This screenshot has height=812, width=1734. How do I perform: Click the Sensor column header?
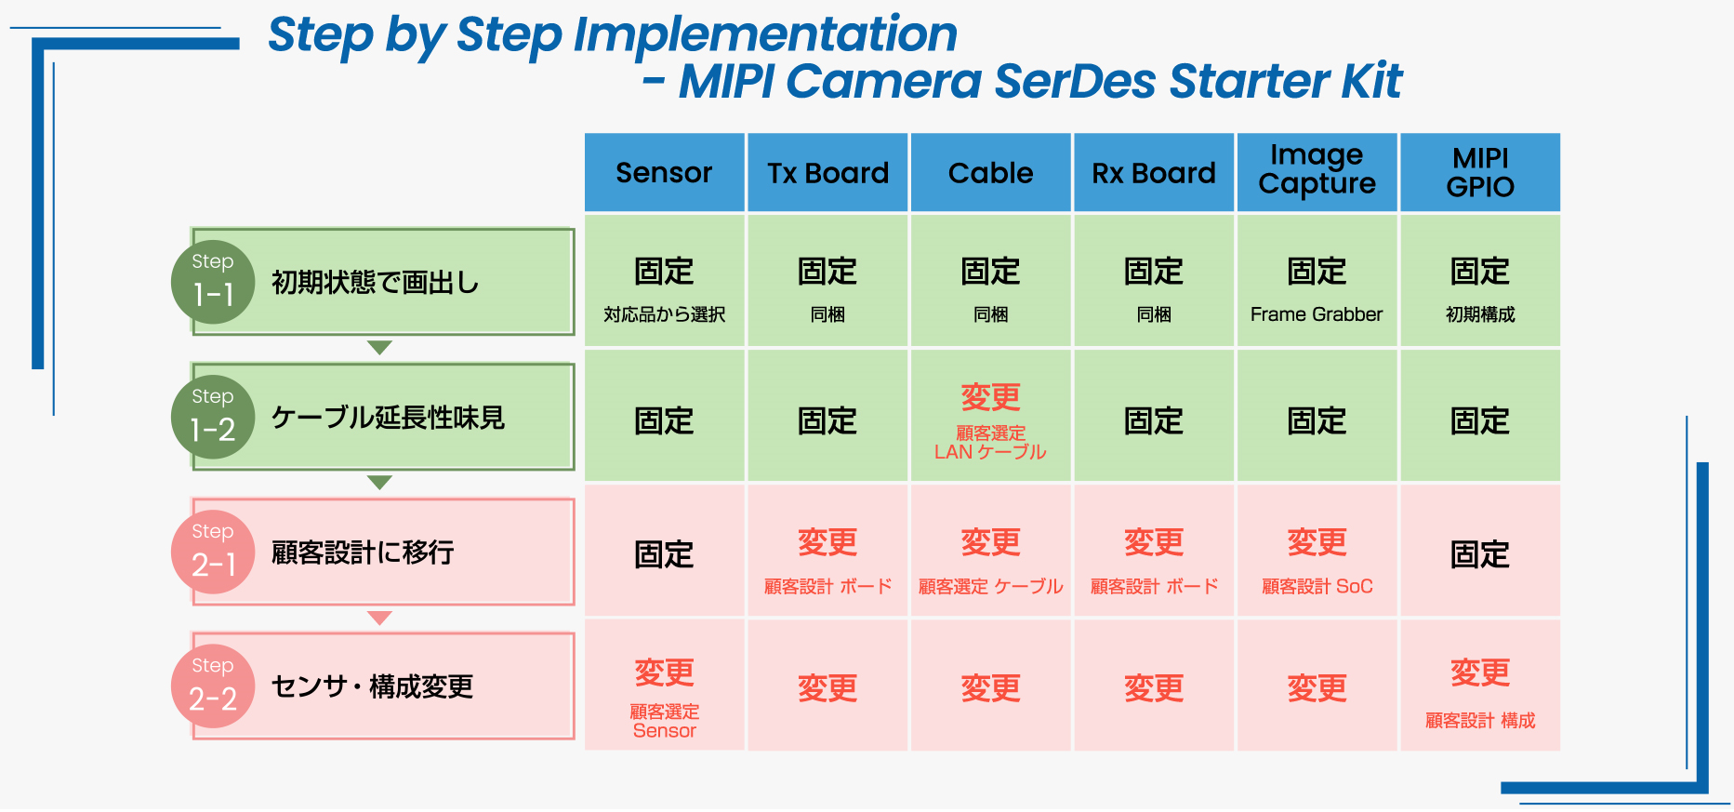(x=664, y=172)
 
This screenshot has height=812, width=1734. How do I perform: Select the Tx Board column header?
(x=827, y=172)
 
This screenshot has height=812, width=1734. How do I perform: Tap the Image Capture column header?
(x=1317, y=172)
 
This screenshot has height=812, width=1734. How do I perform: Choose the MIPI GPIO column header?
(x=1480, y=172)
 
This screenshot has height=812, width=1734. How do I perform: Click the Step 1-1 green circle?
(x=213, y=283)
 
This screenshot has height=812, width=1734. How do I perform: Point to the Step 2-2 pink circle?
(x=213, y=686)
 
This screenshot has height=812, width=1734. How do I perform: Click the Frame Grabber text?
(x=1317, y=314)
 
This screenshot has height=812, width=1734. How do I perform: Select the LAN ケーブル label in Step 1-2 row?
(x=990, y=452)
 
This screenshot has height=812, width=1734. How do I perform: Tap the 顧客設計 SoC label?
(x=1317, y=586)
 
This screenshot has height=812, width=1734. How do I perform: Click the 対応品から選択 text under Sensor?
(x=664, y=314)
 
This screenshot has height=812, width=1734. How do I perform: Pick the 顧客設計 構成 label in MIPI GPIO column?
(x=1480, y=720)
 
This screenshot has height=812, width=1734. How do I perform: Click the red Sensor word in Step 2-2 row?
(x=664, y=731)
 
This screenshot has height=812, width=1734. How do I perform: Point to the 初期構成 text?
(x=1480, y=314)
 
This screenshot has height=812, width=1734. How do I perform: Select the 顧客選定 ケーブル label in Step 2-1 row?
(x=990, y=586)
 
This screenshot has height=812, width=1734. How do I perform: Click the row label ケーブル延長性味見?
(x=388, y=418)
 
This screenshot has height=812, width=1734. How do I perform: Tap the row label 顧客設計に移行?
(x=363, y=552)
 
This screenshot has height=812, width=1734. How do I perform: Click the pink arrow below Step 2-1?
(x=379, y=618)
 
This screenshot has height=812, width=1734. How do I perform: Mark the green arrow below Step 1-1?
(x=379, y=348)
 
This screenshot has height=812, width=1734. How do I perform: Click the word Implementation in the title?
(x=765, y=35)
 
